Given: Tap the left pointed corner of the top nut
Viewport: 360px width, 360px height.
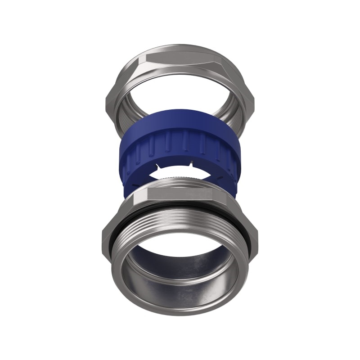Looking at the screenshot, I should [x=108, y=100].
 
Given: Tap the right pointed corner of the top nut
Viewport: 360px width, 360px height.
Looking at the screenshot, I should [x=253, y=100].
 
